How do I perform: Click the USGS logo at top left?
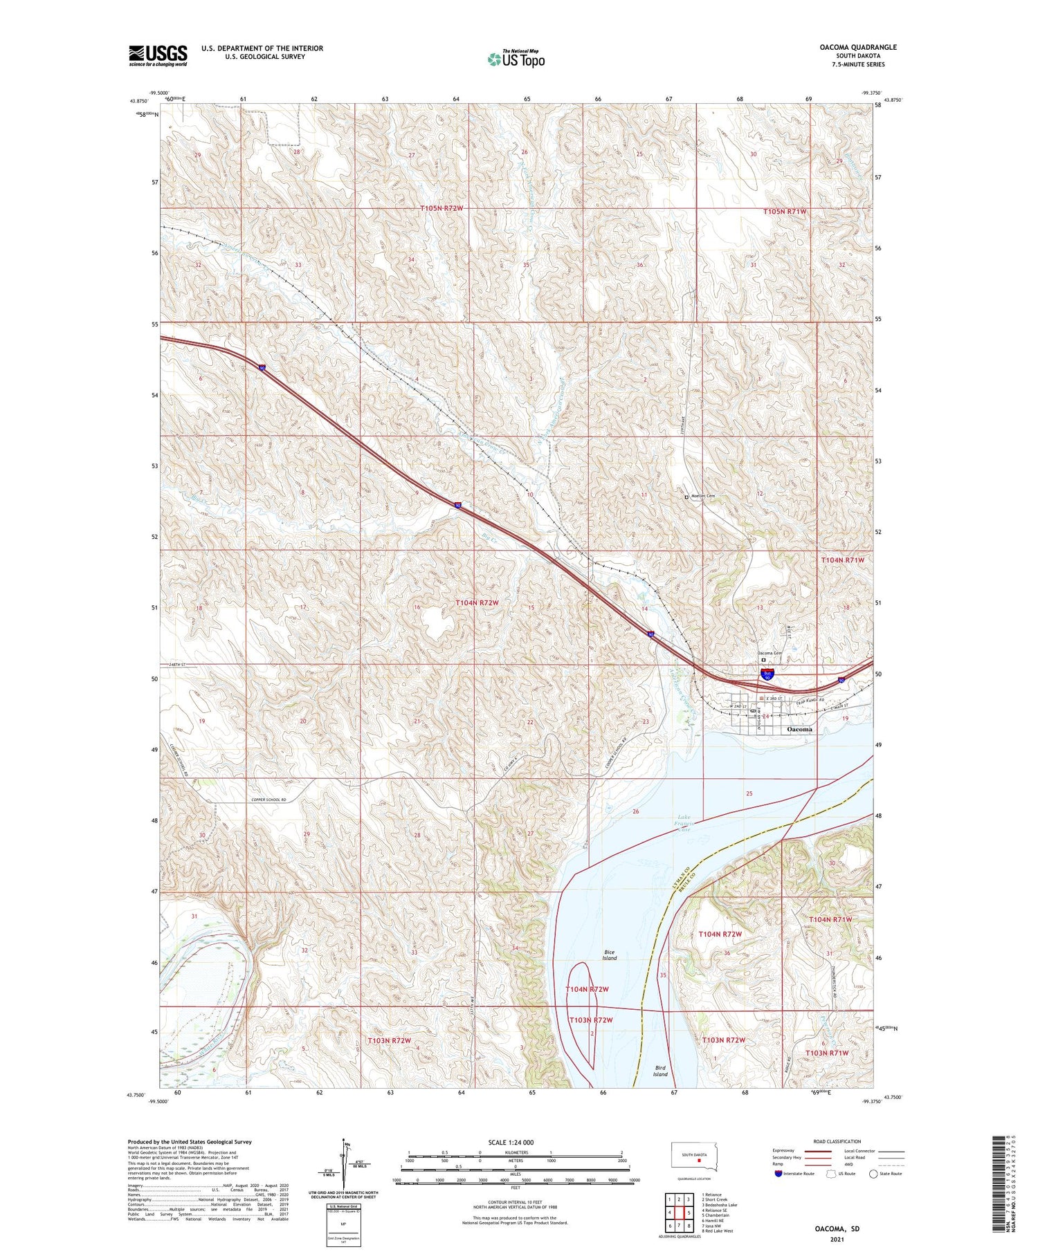tap(158, 55)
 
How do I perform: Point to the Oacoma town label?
tap(799, 729)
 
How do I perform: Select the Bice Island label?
tap(609, 955)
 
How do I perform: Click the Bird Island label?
tap(660, 1071)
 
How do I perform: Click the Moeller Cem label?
tap(702, 497)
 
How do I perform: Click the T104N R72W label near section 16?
tap(477, 602)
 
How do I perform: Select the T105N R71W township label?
tap(785, 211)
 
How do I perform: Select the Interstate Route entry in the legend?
tap(793, 1174)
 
